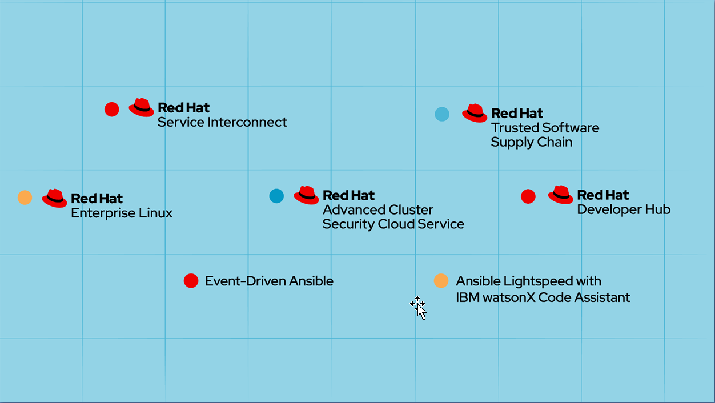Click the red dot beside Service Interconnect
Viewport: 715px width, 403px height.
112,109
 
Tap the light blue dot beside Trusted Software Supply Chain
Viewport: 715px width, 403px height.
442,114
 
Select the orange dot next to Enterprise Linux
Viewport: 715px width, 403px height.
25,198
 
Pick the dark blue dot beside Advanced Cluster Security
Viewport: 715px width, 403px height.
276,196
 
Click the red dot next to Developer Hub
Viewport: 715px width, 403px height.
528,196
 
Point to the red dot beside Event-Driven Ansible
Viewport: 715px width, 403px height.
191,281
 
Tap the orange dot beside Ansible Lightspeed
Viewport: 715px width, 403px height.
441,281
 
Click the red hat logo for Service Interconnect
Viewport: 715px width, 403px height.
141,107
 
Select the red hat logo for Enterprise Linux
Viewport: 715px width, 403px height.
54,198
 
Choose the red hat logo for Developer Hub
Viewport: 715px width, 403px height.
560,195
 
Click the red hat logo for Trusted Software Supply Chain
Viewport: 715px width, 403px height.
475,113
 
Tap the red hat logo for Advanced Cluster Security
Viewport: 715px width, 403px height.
306,195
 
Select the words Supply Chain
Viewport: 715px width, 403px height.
531,142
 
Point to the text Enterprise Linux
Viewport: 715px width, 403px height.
121,213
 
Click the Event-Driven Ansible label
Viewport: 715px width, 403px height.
268,281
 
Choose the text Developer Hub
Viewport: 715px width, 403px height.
624,209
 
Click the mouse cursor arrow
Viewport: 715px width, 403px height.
420,309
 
